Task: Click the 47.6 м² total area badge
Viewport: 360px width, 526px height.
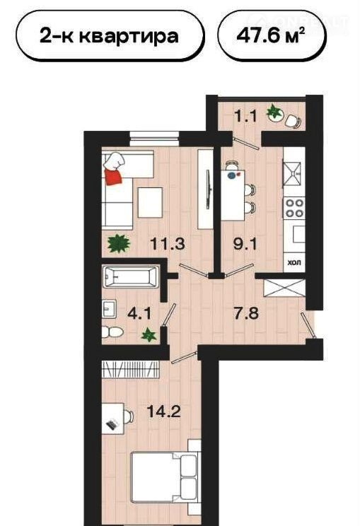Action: point(272,35)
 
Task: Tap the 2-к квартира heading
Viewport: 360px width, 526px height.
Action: point(109,35)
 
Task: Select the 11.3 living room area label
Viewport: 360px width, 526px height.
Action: point(168,243)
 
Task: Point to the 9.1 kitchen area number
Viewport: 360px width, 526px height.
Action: point(245,243)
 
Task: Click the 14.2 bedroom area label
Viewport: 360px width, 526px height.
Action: point(164,411)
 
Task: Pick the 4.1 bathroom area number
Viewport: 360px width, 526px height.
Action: point(140,315)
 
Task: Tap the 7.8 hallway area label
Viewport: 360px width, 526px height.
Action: point(247,314)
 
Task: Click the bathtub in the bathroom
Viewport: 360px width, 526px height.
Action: point(131,276)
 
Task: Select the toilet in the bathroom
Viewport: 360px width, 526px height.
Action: point(112,332)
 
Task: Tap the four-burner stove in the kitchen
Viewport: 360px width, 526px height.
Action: point(294,208)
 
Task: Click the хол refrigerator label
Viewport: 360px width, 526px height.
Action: point(294,262)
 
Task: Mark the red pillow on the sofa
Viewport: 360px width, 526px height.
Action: point(113,177)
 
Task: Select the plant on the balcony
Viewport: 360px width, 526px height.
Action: point(275,112)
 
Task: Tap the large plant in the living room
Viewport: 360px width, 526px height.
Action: point(118,243)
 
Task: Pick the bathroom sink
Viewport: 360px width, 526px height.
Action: point(109,309)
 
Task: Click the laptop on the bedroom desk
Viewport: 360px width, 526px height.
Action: point(112,424)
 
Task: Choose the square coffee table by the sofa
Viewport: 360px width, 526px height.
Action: point(150,203)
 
